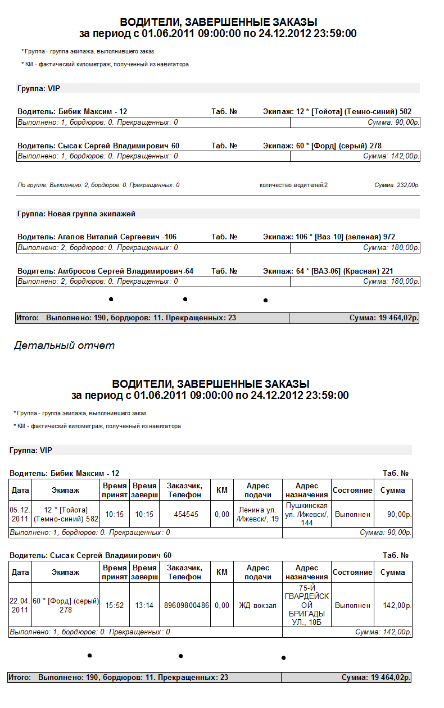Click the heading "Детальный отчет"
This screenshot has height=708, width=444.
64,346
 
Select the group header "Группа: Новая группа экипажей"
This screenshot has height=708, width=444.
76,214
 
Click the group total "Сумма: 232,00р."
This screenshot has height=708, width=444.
397,185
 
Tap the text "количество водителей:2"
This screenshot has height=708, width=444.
293,185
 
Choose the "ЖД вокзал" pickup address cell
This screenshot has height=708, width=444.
258,605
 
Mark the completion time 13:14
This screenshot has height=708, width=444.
144,605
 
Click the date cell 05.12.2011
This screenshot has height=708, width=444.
20,514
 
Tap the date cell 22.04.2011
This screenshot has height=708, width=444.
20,605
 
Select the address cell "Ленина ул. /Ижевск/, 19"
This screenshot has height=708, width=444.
258,514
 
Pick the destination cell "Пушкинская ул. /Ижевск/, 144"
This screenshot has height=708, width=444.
306,514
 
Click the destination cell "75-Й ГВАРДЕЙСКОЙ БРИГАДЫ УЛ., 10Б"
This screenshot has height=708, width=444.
306,605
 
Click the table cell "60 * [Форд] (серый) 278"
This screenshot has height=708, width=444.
66,605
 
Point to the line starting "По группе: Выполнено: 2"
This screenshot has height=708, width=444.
98,185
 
